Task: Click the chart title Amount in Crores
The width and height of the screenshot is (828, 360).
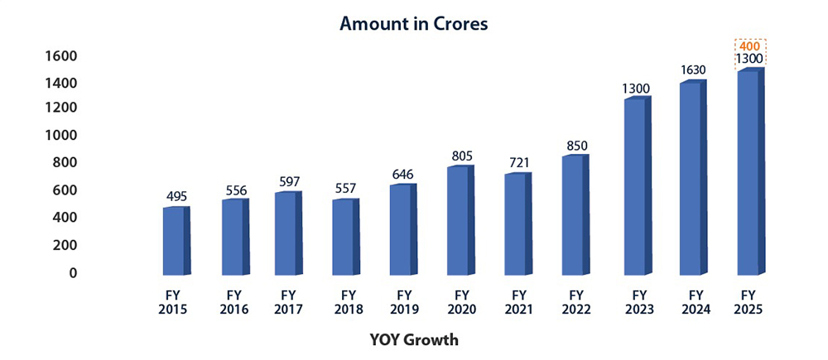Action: coord(414,24)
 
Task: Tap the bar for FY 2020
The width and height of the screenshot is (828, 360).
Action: coord(459,220)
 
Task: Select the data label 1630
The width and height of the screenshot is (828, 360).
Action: coord(692,70)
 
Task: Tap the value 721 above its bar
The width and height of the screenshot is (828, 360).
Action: coord(519,164)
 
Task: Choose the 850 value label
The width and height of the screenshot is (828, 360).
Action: coord(577,146)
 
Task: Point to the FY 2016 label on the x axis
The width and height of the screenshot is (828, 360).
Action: coord(232,301)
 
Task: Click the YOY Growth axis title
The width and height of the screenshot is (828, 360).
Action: coord(414,339)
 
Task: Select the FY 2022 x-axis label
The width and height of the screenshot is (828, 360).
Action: coord(576,301)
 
